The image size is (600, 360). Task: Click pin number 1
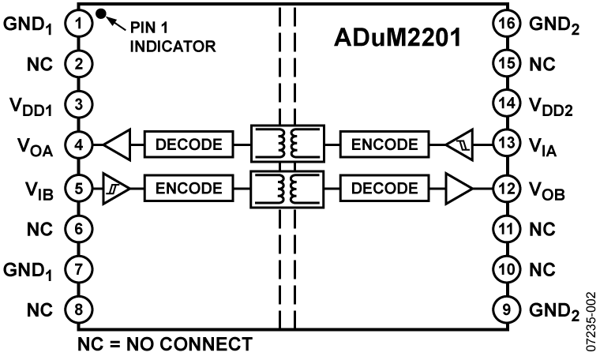(78, 24)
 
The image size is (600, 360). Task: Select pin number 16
(506, 24)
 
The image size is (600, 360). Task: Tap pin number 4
(78, 145)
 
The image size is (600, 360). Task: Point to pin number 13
(506, 144)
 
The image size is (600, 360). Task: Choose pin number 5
(78, 189)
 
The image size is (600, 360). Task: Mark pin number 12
(506, 189)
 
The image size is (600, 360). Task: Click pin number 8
(78, 309)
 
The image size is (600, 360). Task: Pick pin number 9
(506, 309)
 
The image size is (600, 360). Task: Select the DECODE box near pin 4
(189, 144)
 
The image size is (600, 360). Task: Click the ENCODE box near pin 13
(384, 144)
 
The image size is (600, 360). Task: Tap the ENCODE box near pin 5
(189, 189)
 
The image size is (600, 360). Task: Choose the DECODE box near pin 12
(384, 189)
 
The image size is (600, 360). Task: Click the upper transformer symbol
(287, 144)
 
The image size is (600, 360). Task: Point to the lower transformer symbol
(287, 189)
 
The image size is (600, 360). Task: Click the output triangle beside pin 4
(118, 145)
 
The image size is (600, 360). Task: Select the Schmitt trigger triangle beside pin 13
(462, 145)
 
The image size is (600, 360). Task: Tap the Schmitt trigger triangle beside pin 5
(114, 189)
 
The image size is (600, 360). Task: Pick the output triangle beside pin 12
(457, 189)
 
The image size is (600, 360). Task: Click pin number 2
(78, 64)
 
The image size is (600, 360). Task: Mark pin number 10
(506, 269)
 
